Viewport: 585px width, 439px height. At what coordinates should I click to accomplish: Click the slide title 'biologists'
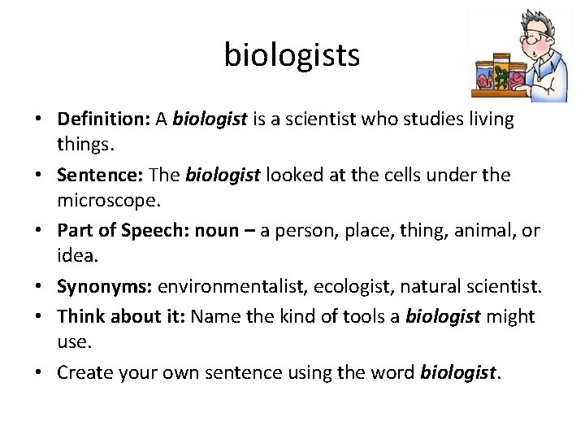click(292, 55)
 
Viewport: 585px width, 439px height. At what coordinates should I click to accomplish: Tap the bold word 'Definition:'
click(103, 120)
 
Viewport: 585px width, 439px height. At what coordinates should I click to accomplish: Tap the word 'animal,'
click(480, 231)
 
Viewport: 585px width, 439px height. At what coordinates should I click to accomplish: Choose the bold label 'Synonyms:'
click(104, 287)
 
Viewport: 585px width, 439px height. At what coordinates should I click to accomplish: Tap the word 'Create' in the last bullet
click(84, 372)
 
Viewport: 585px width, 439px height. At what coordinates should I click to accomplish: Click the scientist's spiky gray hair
click(535, 18)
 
